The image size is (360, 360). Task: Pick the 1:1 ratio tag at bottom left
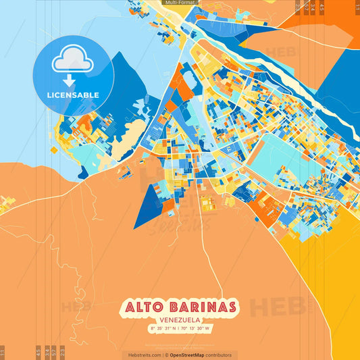point(3,352)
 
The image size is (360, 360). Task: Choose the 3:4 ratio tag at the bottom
point(47,352)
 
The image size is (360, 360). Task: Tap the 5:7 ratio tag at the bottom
point(54,352)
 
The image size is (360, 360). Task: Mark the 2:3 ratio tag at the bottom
point(62,352)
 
